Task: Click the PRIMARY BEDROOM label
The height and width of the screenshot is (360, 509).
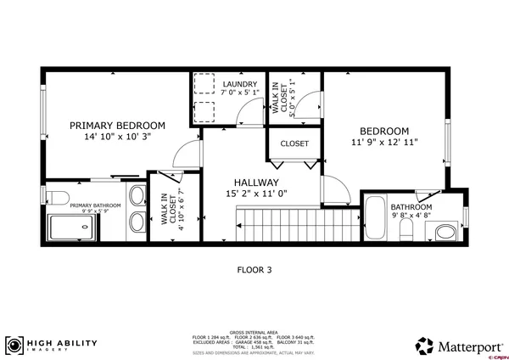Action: coord(117,125)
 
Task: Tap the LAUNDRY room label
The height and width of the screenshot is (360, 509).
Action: coord(239,84)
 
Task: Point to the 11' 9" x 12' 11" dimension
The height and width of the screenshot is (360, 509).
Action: coord(384,143)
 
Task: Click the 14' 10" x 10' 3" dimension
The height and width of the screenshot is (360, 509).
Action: coord(117,137)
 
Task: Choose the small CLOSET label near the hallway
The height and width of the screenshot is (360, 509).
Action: coord(294,143)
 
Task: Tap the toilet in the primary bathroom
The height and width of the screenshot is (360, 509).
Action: coord(56,198)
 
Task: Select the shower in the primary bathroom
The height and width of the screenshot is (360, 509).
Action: coord(84,228)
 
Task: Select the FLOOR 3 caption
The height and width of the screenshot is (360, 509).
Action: coord(254,270)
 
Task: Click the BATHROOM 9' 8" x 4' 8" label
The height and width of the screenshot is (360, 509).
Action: coord(411,211)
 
